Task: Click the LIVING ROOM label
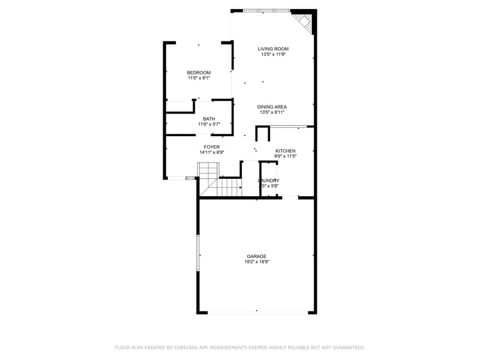tap(273, 49)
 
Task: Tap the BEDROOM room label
tap(199, 73)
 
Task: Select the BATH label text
tap(209, 119)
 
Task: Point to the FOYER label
tap(211, 147)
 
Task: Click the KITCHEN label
tap(286, 151)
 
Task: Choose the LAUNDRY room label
tap(269, 181)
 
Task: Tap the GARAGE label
tap(256, 256)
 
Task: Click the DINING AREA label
tap(272, 107)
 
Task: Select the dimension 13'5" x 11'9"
tap(273, 55)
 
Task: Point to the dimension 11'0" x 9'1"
tap(199, 78)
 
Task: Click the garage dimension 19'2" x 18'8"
tap(256, 262)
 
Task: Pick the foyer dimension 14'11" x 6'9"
tap(211, 152)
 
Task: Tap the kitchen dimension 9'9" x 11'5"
tap(286, 156)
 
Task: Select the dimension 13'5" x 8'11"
tap(272, 112)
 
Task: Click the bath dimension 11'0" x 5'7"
tap(209, 124)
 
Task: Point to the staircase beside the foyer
tap(219, 180)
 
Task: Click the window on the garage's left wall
tap(198, 254)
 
